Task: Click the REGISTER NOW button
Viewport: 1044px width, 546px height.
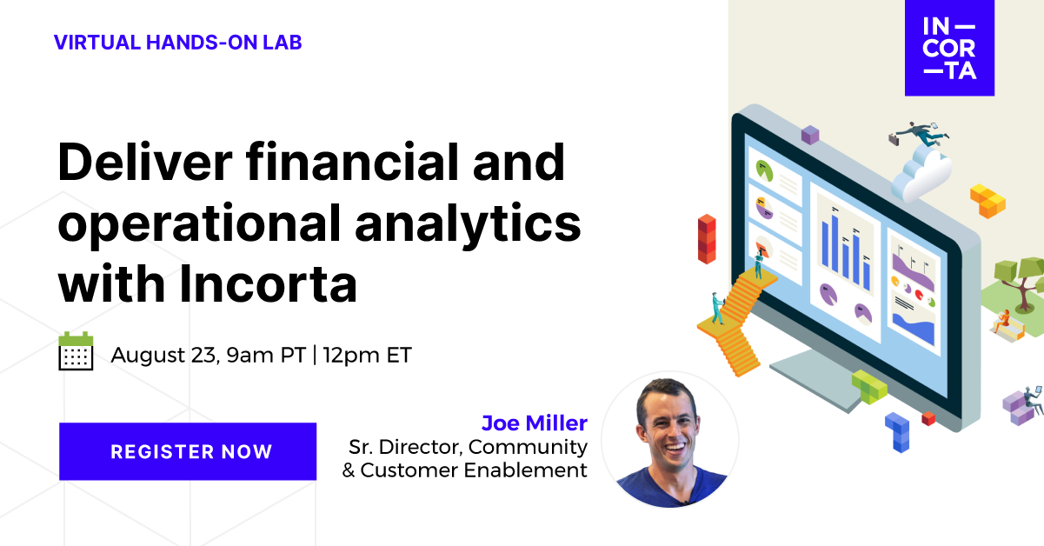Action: coord(188,451)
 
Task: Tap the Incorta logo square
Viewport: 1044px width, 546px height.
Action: coord(949,48)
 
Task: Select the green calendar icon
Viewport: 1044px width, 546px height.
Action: coord(76,351)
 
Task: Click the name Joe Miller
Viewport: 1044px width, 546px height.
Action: coord(534,423)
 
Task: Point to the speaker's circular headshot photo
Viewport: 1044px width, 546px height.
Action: coord(669,440)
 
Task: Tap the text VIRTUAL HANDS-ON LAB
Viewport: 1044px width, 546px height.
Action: coord(177,42)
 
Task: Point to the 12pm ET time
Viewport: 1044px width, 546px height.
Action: coord(368,355)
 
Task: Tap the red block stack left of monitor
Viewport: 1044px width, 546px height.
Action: coord(707,237)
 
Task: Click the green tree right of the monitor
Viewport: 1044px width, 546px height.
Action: coord(1016,279)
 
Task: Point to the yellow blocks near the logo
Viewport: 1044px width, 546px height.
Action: coord(986,199)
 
